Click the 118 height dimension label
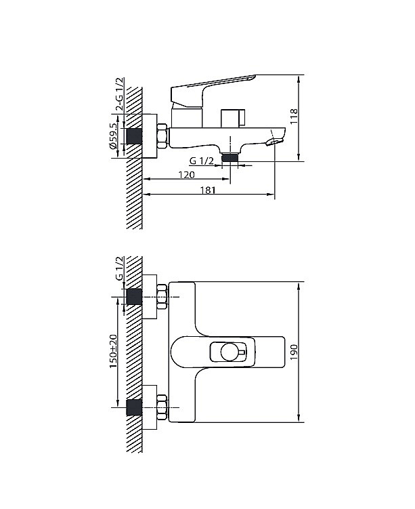click(x=294, y=116)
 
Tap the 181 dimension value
click(x=208, y=190)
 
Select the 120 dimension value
click(x=187, y=175)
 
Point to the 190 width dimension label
click(x=294, y=352)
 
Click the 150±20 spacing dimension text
click(x=114, y=351)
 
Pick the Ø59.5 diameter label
click(x=113, y=136)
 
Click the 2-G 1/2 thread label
click(x=120, y=94)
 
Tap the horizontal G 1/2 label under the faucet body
click(x=201, y=161)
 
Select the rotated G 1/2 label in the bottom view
click(x=119, y=268)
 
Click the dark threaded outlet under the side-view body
click(x=230, y=158)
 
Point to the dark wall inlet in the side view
click(x=134, y=136)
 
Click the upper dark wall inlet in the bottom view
click(x=134, y=297)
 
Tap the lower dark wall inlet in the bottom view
click(x=134, y=407)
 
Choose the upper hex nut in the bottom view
click(x=162, y=297)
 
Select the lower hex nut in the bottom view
click(x=162, y=407)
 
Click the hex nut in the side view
click(x=162, y=136)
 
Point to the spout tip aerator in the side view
click(x=274, y=142)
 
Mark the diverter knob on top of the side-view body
click(x=233, y=118)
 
